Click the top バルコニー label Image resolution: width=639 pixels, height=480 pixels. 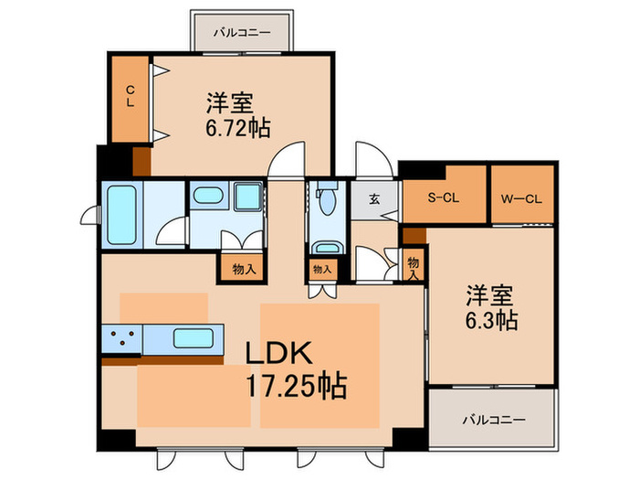242,32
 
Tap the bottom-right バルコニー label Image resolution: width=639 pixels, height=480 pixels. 492,420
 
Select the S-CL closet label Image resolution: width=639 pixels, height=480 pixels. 444,195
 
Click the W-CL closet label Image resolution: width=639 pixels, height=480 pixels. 520,195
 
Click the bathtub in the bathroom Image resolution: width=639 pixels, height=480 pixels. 120,215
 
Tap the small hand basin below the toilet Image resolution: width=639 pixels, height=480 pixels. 325,247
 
